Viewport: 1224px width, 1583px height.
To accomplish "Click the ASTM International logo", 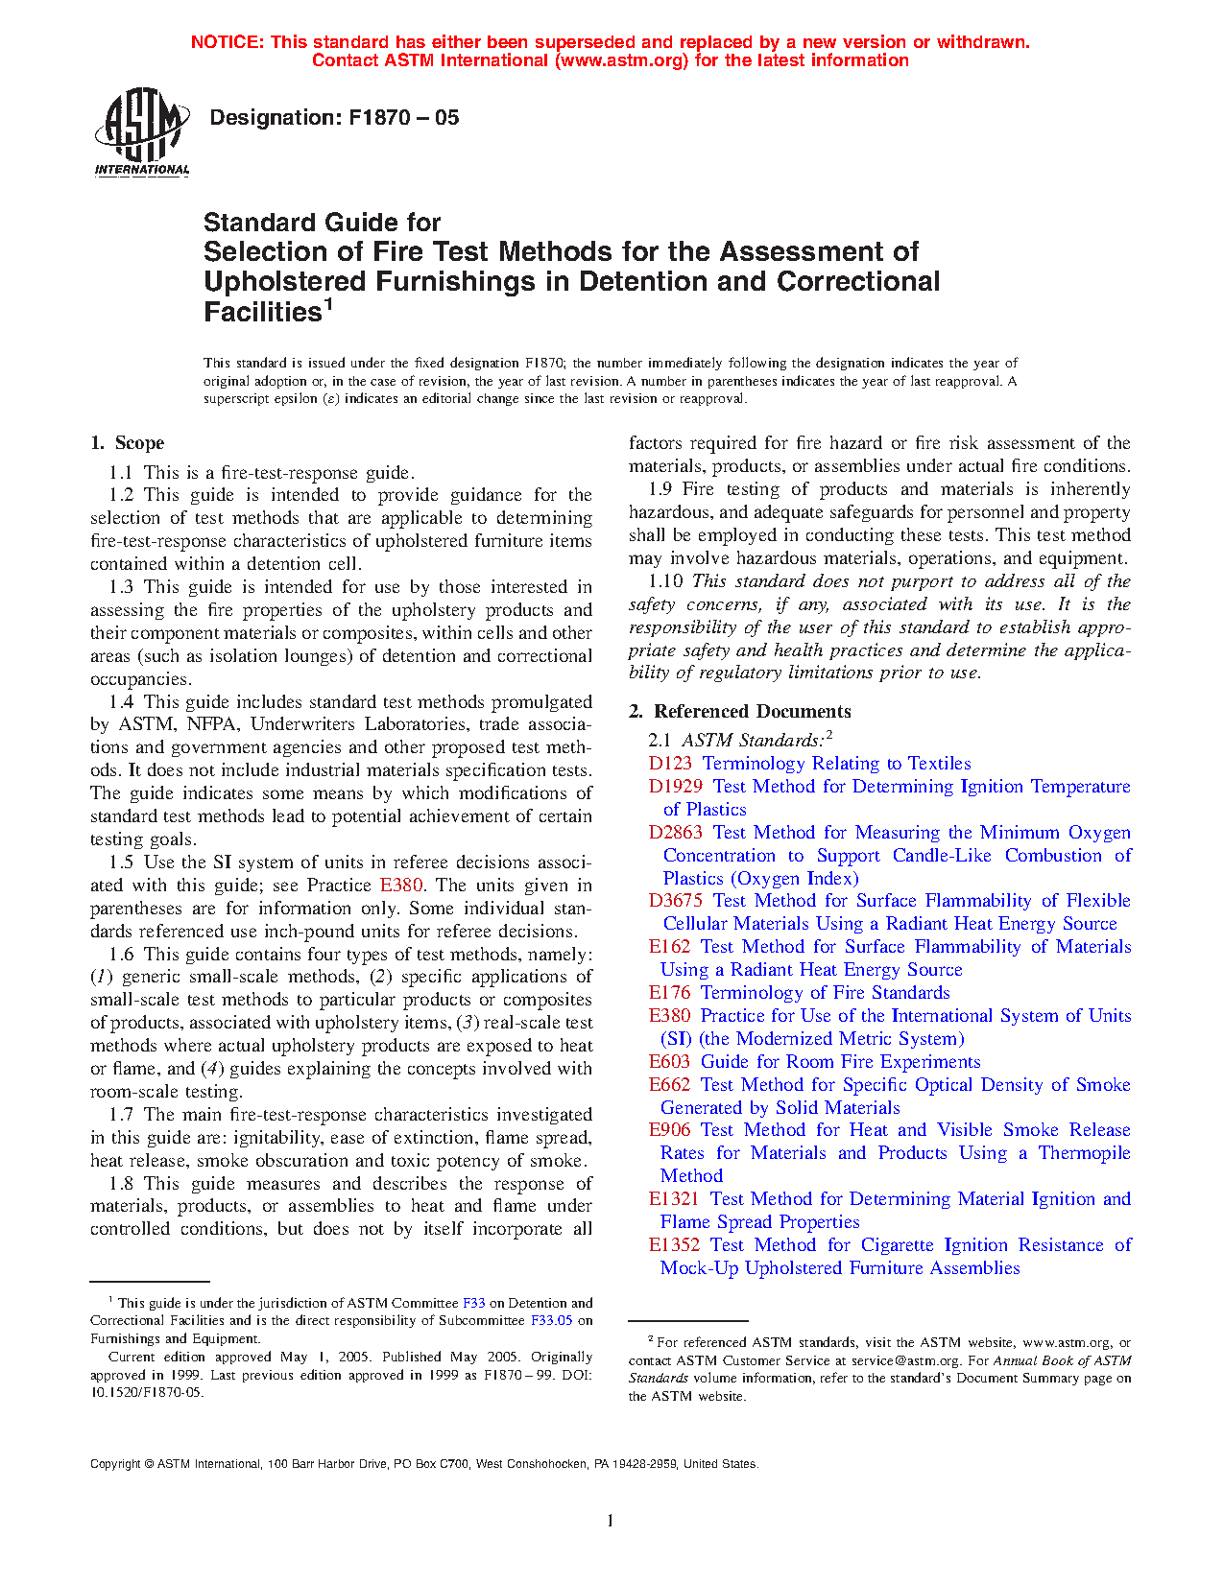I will pos(141,132).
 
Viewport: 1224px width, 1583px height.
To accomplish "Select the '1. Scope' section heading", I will pos(128,443).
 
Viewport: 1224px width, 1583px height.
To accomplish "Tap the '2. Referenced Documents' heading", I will pos(740,711).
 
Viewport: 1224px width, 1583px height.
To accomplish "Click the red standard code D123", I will pos(670,764).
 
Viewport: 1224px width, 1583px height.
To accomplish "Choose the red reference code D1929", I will pos(676,787).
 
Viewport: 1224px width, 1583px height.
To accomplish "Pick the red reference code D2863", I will pos(676,833).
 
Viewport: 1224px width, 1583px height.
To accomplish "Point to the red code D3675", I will pos(676,901).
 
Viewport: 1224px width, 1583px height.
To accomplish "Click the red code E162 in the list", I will pos(670,947).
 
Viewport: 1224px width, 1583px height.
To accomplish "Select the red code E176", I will pos(670,993).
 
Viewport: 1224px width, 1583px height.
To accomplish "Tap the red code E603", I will pos(670,1062).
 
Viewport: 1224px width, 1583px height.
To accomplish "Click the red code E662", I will pos(670,1085).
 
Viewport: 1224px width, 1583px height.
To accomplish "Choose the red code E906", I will pos(670,1130).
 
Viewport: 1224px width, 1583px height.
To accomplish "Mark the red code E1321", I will pos(675,1199).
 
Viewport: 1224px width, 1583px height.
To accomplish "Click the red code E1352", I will pos(675,1245).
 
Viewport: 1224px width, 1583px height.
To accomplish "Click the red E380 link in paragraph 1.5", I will pos(401,886).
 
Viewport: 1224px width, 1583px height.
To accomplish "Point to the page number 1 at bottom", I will pos(611,1521).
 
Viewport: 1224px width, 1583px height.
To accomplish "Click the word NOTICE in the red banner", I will pos(226,42).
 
